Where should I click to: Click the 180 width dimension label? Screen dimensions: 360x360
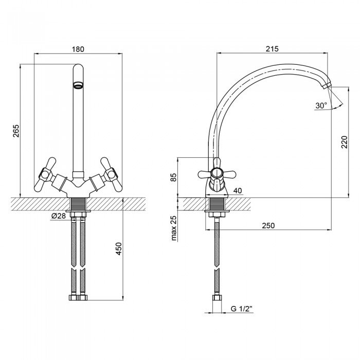[78, 49]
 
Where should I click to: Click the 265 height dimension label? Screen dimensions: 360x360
[16, 131]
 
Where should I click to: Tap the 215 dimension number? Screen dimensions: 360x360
[272, 49]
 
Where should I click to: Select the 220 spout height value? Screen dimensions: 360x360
[345, 142]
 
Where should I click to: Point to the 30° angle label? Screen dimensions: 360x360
[321, 105]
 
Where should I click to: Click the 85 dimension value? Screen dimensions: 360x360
[174, 177]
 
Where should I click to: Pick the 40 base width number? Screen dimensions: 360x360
[238, 191]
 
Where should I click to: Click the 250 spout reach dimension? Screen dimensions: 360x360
[268, 225]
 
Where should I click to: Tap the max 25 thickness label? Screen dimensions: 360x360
[174, 228]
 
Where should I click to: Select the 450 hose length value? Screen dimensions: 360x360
[119, 248]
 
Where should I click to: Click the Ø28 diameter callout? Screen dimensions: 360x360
[59, 216]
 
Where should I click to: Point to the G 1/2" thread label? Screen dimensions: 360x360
[241, 309]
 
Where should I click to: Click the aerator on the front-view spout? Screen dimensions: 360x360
[78, 85]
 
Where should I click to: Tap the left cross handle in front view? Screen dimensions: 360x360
[46, 174]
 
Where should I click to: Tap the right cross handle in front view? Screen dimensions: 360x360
[111, 174]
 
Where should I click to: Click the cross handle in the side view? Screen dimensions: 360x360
[217, 174]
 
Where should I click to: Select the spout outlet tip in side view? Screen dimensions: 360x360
[326, 86]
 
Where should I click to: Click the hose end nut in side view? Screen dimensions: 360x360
[217, 298]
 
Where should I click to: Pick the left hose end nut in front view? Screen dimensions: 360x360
[74, 298]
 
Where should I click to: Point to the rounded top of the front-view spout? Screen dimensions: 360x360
[78, 67]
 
